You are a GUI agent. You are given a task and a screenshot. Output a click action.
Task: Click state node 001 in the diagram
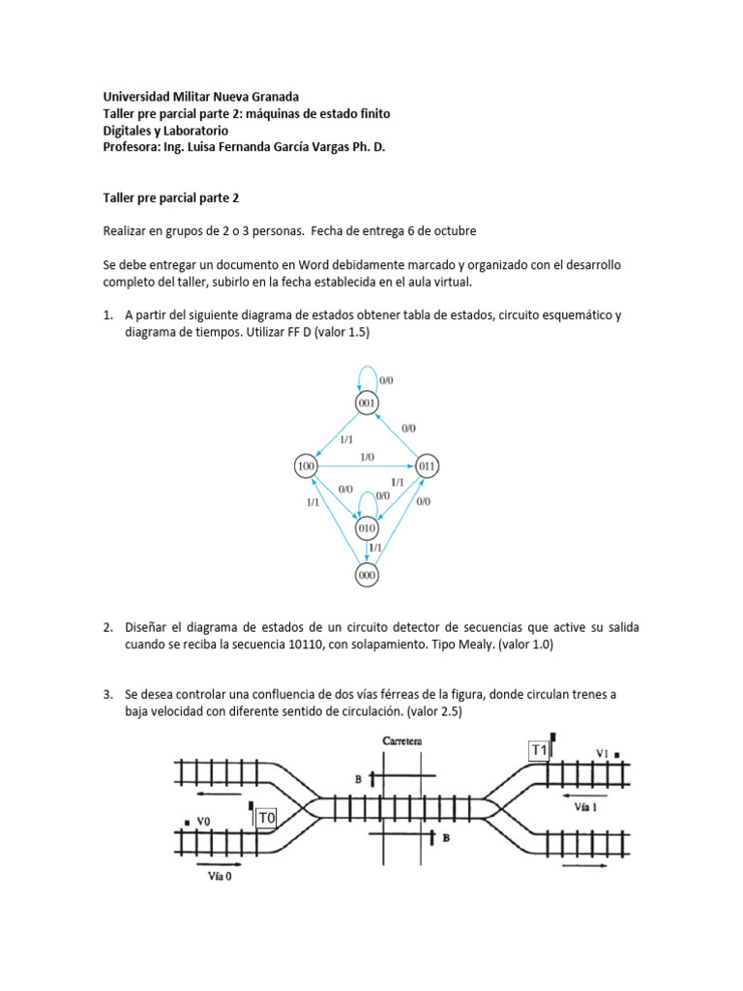367,403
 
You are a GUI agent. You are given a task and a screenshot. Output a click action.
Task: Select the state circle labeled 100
306,467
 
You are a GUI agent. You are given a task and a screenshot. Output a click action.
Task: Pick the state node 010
367,528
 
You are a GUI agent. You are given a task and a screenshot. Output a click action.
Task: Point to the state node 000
367,575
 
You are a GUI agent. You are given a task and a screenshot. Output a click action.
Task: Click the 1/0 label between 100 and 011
367,457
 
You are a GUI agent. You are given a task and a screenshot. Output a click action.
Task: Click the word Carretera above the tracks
396,741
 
